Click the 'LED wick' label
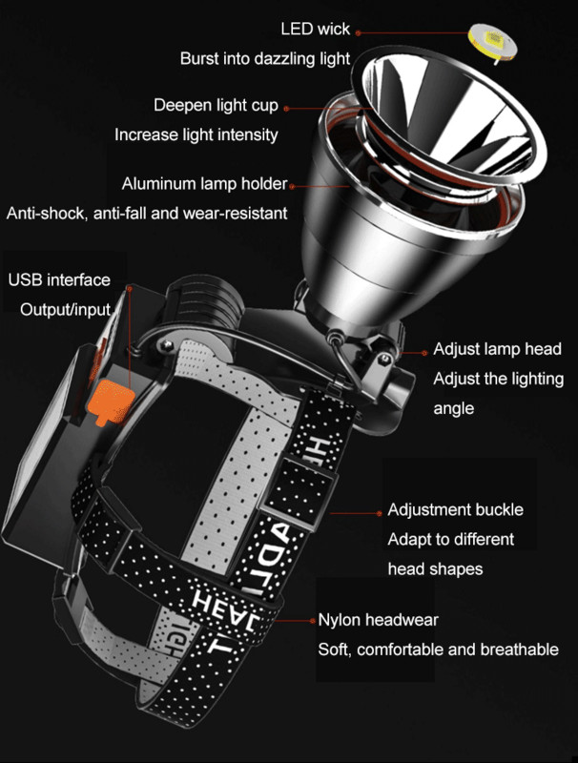tap(316, 29)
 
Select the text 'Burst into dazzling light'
tap(266, 59)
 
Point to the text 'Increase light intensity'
tap(196, 134)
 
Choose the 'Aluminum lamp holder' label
tap(204, 183)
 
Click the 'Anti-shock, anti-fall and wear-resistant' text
tap(146, 213)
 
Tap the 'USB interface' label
tap(59, 280)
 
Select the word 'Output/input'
tap(66, 309)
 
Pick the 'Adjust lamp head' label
tap(497, 349)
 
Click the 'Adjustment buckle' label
tap(455, 509)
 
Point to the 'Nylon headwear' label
tap(378, 620)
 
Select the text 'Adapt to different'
tap(450, 539)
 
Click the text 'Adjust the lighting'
tap(498, 379)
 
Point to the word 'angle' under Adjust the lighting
tap(454, 407)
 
